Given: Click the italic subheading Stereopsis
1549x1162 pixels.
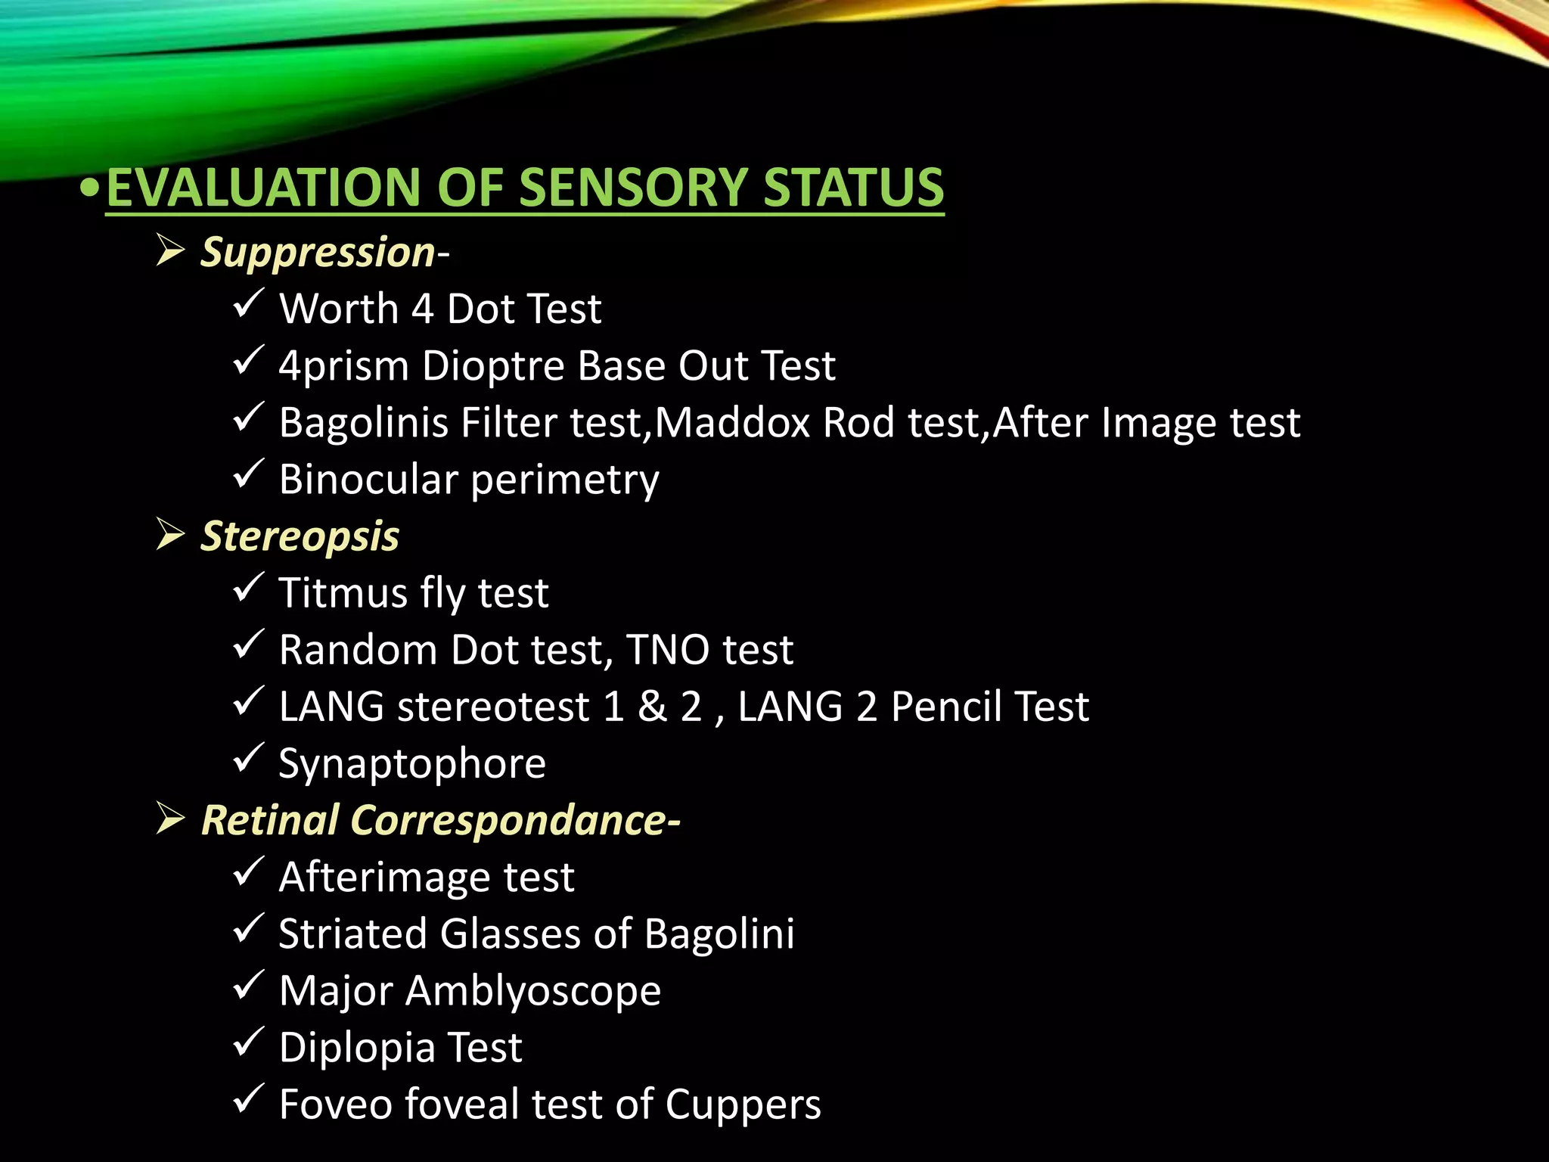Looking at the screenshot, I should coord(300,536).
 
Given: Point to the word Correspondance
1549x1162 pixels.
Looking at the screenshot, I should coord(508,820).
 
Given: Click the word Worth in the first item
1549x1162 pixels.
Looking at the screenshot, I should coord(339,309).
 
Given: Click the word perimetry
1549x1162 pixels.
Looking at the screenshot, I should coord(565,481).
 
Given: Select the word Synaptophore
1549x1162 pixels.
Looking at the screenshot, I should coord(412,764).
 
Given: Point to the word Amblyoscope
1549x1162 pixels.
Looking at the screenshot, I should coord(533,991).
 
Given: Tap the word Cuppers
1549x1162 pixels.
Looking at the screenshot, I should coord(743,1105).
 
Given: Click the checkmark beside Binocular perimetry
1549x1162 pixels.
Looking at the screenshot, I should coord(248,474).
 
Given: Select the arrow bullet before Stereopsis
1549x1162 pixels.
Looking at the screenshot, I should coord(170,534).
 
